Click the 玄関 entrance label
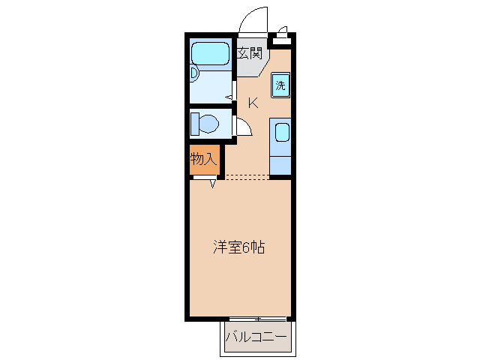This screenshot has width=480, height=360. pos(250,53)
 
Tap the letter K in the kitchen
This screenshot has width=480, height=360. pos(253,103)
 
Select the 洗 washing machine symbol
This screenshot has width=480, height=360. pos(280,85)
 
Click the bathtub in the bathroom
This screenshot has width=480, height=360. pos(210,54)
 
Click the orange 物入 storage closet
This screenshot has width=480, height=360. pos(203,160)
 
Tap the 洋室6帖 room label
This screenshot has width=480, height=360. pos(239,247)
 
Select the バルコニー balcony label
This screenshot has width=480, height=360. pos(256,338)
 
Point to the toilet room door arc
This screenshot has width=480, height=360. pos(242,127)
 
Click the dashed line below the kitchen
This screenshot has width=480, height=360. pos(247,178)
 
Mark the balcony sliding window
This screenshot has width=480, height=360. pos(256,319)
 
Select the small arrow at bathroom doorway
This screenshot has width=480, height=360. pos(228,96)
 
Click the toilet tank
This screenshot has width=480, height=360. pos(193,122)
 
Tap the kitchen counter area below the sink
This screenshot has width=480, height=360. pos(280,163)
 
